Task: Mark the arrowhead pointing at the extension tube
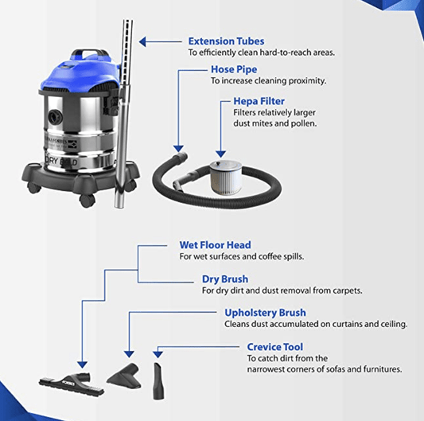[x=143, y=41]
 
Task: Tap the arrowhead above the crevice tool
[x=158, y=352]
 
